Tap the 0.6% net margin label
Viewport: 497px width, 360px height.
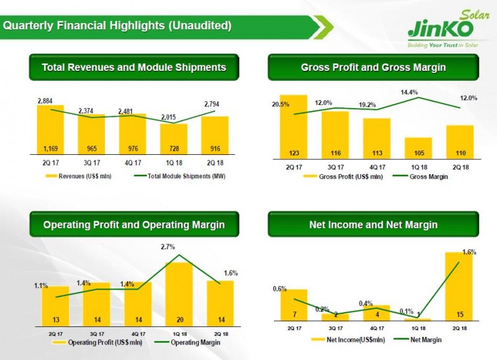[x=280, y=288]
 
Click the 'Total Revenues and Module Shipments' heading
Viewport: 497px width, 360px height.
[x=134, y=67]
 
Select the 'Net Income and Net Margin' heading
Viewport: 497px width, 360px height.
[x=373, y=224]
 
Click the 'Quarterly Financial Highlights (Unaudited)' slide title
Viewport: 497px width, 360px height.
[x=118, y=25]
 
